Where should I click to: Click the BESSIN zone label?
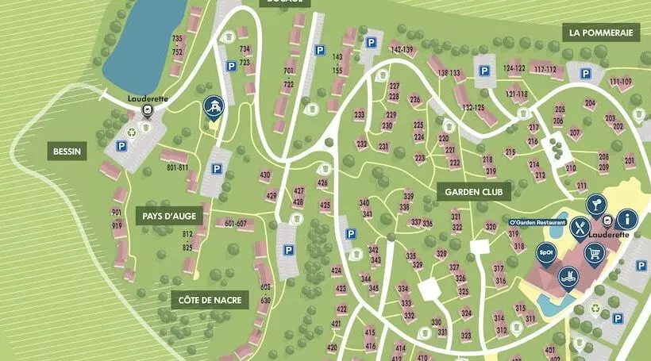[x=67, y=152]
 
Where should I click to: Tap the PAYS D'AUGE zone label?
[x=170, y=216]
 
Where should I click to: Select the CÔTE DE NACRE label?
[x=210, y=300]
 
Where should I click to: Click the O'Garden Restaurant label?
[x=537, y=223]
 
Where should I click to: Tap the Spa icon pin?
[x=546, y=253]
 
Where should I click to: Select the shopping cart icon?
[x=593, y=253]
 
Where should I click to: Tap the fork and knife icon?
[x=581, y=229]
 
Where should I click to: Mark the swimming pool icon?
[x=567, y=277]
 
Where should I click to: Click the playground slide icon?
[x=213, y=106]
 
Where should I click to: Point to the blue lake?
[x=143, y=40]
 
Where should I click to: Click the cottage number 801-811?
[x=177, y=167]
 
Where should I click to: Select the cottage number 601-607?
[x=230, y=223]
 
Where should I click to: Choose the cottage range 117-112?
[x=545, y=69]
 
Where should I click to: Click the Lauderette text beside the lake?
[x=144, y=99]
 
